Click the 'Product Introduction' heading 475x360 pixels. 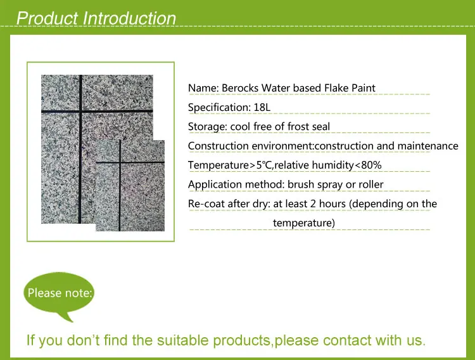click(x=96, y=18)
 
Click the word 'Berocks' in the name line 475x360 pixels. click(x=240, y=88)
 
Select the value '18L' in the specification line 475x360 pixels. click(x=262, y=107)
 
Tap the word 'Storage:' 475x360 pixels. click(x=208, y=127)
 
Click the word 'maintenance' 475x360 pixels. click(x=427, y=146)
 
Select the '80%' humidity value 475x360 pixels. click(x=371, y=165)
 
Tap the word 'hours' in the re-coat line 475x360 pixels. click(x=332, y=204)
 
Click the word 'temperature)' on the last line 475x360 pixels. click(x=304, y=223)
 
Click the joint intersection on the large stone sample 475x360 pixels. click(x=80, y=112)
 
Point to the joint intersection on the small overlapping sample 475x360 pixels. click(x=120, y=162)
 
